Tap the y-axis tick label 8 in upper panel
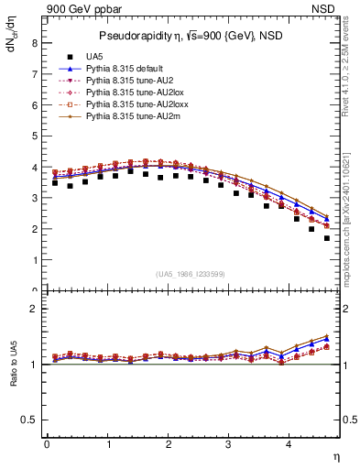point(34,42)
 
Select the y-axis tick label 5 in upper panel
point(34,136)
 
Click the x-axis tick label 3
point(229,444)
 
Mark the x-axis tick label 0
point(47,444)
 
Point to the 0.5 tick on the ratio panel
point(30,420)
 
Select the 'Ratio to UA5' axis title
point(13,377)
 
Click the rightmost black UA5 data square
point(327,238)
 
